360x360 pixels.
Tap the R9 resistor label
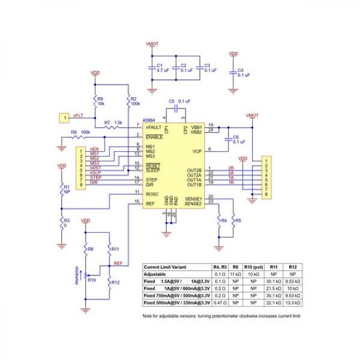pyautogui.click(x=100, y=98)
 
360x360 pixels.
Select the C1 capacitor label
pyautogui.click(x=160, y=64)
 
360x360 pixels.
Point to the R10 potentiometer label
pyautogui.click(x=92, y=280)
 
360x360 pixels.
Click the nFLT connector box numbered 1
pyautogui.click(x=64, y=118)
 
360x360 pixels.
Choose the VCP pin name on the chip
pyautogui.click(x=197, y=151)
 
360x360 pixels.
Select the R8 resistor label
pyautogui.click(x=74, y=131)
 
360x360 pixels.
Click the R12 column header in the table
pyautogui.click(x=292, y=266)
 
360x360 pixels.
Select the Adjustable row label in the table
pyautogui.click(x=157, y=273)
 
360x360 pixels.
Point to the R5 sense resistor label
pyautogui.click(x=238, y=221)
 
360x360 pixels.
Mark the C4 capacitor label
pyautogui.click(x=241, y=70)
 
